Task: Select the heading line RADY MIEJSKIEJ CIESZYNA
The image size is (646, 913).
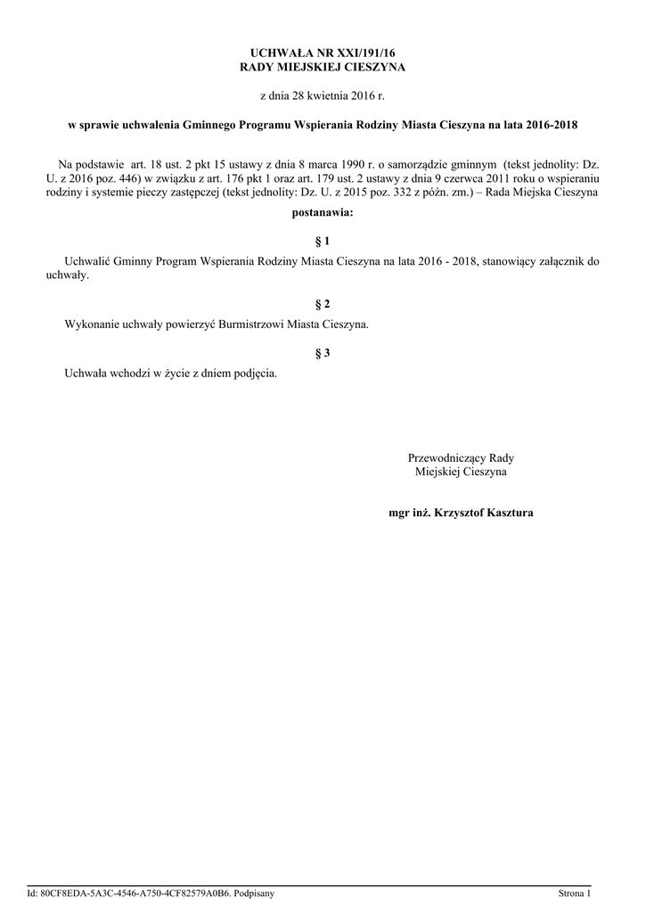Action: pos(323,68)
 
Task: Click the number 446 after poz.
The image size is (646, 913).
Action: pos(129,177)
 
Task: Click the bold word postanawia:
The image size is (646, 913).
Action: pos(323,213)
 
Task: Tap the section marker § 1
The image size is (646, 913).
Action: pos(323,241)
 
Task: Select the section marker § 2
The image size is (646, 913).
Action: pos(323,304)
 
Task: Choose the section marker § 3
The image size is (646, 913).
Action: pos(323,353)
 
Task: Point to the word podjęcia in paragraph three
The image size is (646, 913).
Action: pos(255,374)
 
